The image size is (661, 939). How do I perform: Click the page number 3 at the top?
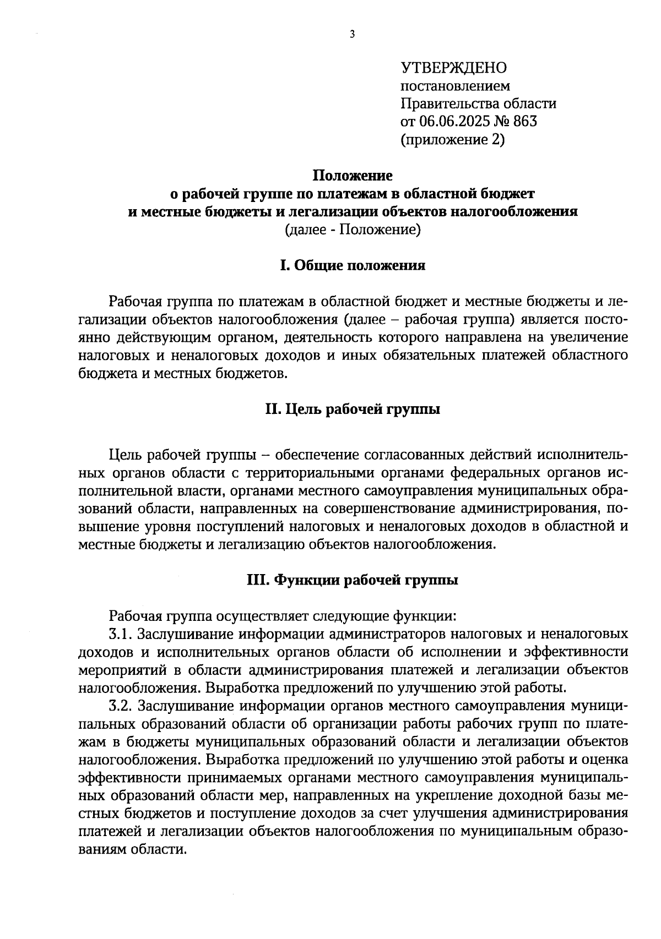353,35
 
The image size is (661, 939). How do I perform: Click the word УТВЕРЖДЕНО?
453,68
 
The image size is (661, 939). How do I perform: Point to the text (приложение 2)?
452,140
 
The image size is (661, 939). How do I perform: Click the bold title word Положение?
353,176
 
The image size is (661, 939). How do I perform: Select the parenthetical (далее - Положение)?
353,230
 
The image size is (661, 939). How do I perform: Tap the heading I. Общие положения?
353,266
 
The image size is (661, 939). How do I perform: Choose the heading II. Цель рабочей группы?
353,410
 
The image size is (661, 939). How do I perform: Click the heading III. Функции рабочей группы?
353,581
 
